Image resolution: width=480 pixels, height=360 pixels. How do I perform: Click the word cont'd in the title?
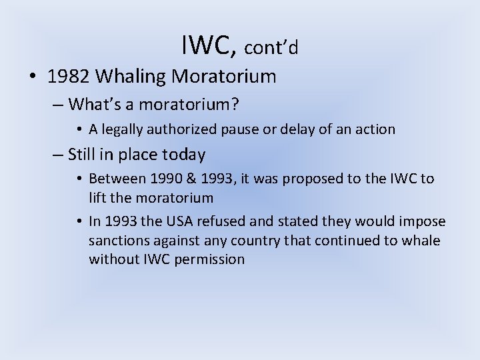click(x=271, y=48)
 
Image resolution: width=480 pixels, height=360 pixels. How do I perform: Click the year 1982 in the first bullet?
click(x=69, y=77)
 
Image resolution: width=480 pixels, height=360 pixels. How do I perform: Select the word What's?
click(x=93, y=104)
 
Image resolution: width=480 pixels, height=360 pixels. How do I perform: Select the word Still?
click(x=82, y=155)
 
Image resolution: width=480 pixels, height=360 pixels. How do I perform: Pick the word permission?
click(x=211, y=259)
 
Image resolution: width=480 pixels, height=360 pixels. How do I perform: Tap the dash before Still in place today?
click(x=57, y=155)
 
